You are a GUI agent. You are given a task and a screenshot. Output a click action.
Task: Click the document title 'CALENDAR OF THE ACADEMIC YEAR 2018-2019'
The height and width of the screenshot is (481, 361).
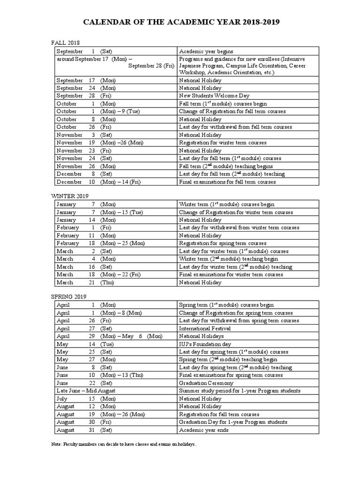(180, 22)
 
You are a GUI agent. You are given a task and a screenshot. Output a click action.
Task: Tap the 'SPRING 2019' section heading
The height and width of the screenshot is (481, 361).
(69, 296)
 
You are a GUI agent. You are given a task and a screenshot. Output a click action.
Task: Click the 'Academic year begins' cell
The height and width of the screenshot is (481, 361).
(206, 51)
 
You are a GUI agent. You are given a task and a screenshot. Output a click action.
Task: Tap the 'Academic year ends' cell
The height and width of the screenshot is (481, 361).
(203, 429)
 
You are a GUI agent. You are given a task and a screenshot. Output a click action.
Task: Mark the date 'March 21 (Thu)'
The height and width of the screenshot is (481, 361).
(85, 282)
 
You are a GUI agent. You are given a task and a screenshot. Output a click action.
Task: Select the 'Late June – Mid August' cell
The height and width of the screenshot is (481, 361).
(86, 390)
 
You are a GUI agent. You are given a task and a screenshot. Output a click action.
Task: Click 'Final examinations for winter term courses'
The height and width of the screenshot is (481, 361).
(227, 274)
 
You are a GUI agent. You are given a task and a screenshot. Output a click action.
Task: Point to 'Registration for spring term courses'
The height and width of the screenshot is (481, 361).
(223, 243)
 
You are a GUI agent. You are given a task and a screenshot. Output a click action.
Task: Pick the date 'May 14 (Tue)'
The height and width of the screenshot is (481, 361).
(85, 344)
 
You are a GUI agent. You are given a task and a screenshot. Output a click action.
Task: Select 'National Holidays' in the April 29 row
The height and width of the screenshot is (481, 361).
(201, 336)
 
